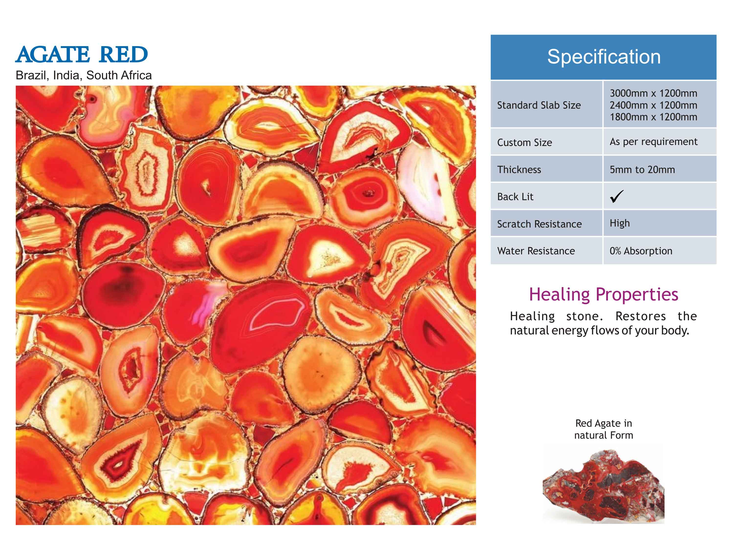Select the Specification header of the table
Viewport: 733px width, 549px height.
[x=604, y=57]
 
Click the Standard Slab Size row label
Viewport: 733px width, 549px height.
[x=539, y=105]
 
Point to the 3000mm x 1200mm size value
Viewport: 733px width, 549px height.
[x=654, y=93]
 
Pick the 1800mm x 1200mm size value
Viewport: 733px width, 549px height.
[x=654, y=117]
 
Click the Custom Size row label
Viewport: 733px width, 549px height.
[x=525, y=143]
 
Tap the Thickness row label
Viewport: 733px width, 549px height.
[x=519, y=169]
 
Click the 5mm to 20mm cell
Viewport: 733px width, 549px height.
[x=642, y=169]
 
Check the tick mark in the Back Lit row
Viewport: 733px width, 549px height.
[x=616, y=196]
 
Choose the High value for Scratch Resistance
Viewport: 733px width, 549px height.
[x=620, y=223]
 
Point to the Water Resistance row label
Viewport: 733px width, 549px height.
[x=536, y=251]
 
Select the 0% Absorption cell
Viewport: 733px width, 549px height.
[x=641, y=251]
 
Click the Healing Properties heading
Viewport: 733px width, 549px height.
[x=603, y=295]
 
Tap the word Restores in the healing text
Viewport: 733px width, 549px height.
[x=641, y=316]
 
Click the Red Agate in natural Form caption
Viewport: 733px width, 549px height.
[x=603, y=429]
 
